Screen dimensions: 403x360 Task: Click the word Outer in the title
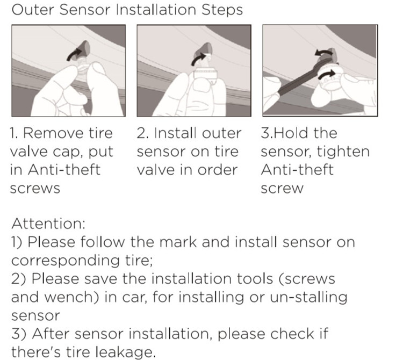(x=32, y=10)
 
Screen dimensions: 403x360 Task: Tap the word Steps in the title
(x=222, y=11)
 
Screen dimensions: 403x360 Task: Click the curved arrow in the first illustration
(x=74, y=54)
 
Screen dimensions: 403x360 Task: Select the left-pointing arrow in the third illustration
(x=323, y=53)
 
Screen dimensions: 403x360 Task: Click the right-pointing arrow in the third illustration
(x=326, y=75)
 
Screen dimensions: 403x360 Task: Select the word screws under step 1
(x=35, y=189)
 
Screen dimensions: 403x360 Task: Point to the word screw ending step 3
(x=282, y=189)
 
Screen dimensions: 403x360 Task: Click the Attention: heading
(x=48, y=224)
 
